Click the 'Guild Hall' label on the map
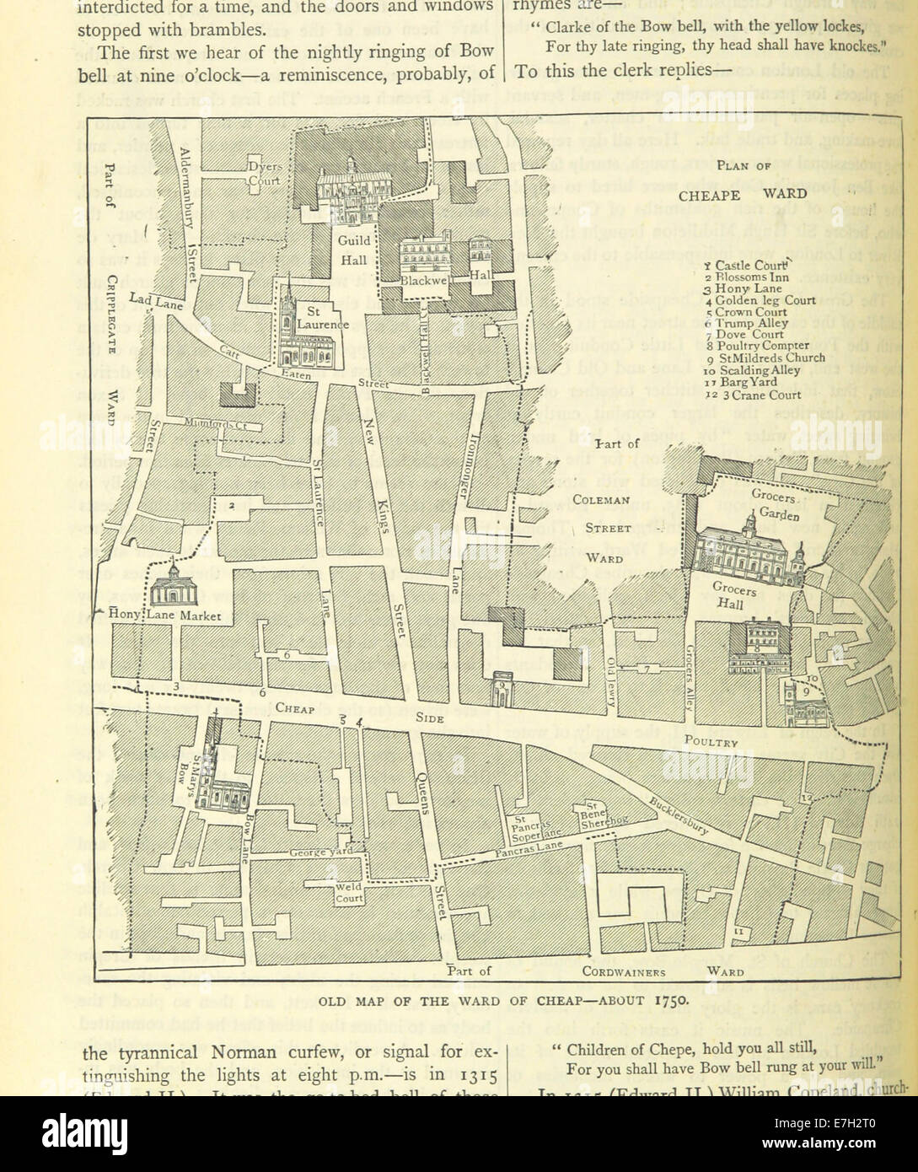pos(353,252)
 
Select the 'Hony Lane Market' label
pos(165,616)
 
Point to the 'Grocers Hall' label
pos(733,598)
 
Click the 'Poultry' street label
pos(711,743)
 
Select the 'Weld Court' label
pos(348,893)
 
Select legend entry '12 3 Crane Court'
pos(753,394)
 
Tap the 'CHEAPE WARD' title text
pos(743,194)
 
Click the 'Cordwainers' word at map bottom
pos(624,971)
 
